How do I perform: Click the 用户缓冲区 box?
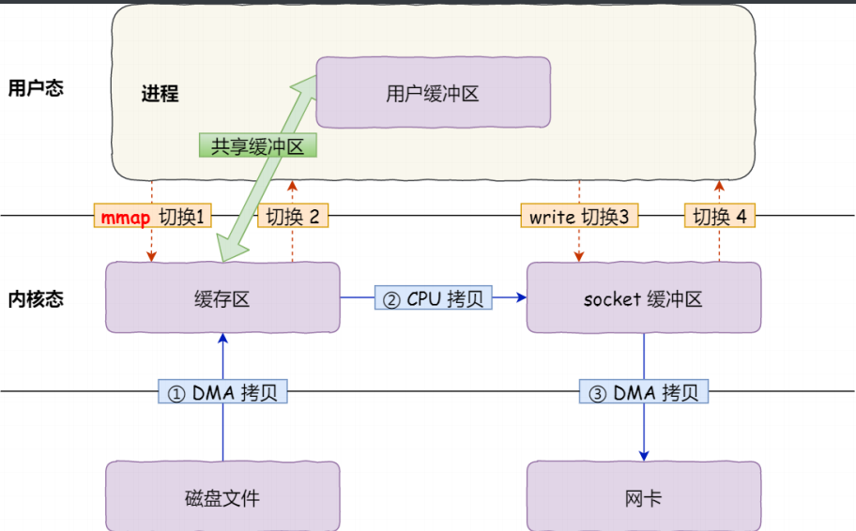pyautogui.click(x=432, y=92)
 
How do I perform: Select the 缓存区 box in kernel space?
pyautogui.click(x=222, y=298)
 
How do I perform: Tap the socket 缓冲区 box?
pyautogui.click(x=643, y=298)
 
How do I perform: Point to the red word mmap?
pyautogui.click(x=125, y=218)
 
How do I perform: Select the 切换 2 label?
pyautogui.click(x=292, y=217)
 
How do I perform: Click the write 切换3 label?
pyautogui.click(x=578, y=217)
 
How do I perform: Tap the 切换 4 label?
pyautogui.click(x=719, y=217)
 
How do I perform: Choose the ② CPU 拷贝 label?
pyautogui.click(x=434, y=298)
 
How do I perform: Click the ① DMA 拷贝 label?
pyautogui.click(x=222, y=393)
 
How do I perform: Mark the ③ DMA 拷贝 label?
pyautogui.click(x=644, y=393)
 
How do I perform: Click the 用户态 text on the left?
pyautogui.click(x=36, y=88)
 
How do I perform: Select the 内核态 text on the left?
pyautogui.click(x=36, y=298)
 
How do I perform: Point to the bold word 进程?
pyautogui.click(x=160, y=94)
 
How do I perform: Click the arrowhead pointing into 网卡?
pyautogui.click(x=644, y=454)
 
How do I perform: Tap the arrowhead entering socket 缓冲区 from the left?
pyautogui.click(x=519, y=298)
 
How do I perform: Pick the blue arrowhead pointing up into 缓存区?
pyautogui.click(x=222, y=338)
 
